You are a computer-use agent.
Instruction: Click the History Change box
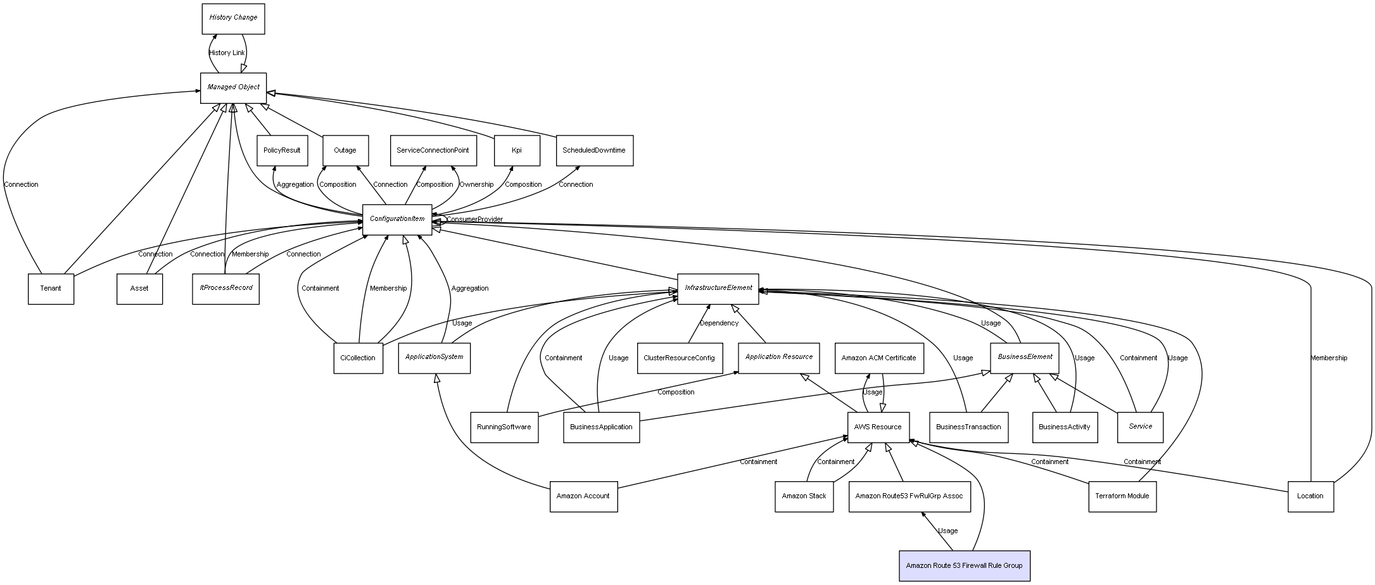[x=233, y=19]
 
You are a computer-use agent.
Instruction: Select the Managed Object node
[x=234, y=88]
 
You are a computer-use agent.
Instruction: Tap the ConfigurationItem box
[x=397, y=220]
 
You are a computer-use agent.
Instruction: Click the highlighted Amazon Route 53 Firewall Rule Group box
[x=964, y=566]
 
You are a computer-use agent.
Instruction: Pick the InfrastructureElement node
[x=718, y=289]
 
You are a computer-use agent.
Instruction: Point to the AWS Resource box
[x=878, y=427]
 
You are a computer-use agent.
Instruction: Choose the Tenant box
[x=51, y=289]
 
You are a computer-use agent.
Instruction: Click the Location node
[x=1310, y=496]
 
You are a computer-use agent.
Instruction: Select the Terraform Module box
[x=1122, y=496]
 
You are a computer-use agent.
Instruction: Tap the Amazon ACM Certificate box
[x=878, y=358]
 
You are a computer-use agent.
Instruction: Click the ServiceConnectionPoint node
[x=433, y=151]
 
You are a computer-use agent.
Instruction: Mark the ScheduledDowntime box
[x=594, y=151]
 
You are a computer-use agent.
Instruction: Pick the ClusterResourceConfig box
[x=679, y=358]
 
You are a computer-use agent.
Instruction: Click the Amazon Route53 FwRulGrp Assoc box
[x=909, y=496]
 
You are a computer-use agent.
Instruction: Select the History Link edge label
[x=227, y=53]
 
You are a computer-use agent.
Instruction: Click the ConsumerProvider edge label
[x=474, y=220]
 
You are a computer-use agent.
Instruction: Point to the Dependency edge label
[x=719, y=324]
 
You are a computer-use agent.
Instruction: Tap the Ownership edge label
[x=476, y=185]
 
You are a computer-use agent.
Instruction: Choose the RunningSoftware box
[x=504, y=427]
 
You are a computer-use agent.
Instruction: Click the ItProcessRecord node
[x=225, y=289]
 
